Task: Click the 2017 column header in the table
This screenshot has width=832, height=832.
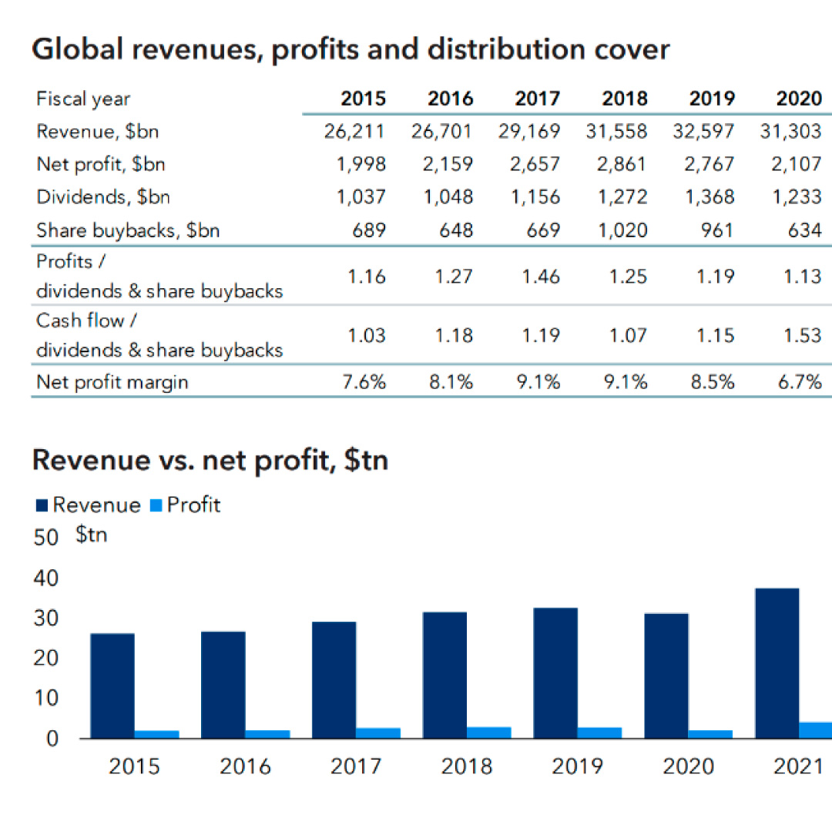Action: (538, 99)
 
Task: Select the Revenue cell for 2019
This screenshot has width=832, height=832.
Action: (702, 131)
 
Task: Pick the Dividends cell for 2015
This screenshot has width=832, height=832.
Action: (361, 196)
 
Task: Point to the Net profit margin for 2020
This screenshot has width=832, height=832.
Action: (799, 381)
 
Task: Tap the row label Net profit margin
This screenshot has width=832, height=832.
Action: (112, 381)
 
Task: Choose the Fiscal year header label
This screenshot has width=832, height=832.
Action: (83, 99)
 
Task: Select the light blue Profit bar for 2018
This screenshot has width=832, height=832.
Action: (489, 732)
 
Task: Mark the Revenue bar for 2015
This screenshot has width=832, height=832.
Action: (112, 686)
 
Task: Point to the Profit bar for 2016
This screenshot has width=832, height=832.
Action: (267, 733)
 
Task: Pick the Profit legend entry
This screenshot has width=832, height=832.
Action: (184, 505)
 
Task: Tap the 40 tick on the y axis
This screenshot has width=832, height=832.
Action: (47, 578)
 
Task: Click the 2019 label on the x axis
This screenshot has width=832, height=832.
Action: (577, 767)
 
